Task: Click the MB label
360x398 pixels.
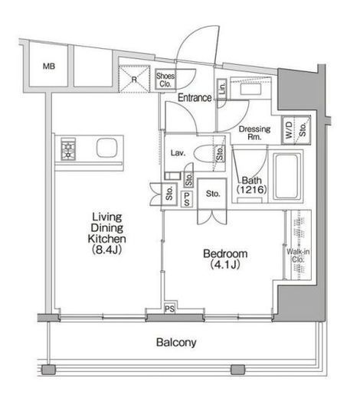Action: (49, 67)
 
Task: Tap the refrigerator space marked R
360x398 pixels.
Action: (134, 79)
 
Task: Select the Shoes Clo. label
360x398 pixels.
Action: (165, 80)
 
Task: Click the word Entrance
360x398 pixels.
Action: (195, 97)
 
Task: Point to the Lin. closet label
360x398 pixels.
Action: (222, 88)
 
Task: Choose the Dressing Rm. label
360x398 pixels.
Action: (254, 132)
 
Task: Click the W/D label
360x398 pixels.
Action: (289, 130)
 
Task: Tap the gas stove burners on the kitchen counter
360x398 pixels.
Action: (68, 149)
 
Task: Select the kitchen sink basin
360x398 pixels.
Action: (106, 148)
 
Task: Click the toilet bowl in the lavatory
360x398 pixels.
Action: (205, 153)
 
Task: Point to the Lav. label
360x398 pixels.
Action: (178, 153)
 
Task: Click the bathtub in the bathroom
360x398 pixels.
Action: (286, 176)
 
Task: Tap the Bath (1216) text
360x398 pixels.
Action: (252, 185)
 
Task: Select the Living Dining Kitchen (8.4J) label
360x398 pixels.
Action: (106, 233)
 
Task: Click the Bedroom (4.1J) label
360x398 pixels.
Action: (225, 259)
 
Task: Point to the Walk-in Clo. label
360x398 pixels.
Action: (298, 256)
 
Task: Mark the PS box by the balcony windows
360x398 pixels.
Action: (169, 308)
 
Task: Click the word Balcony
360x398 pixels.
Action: (176, 342)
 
